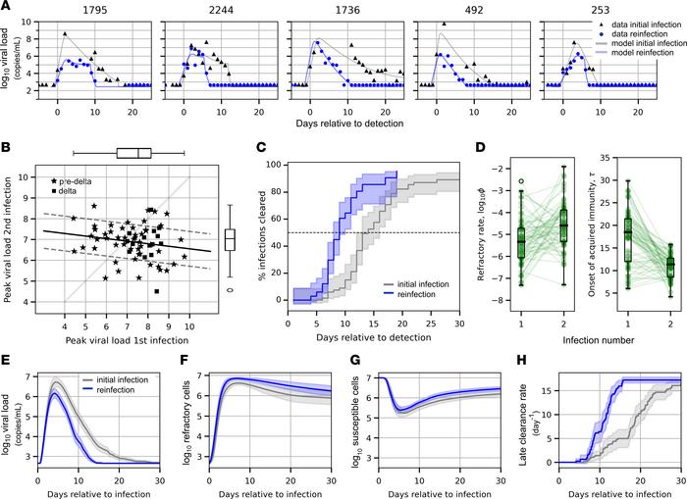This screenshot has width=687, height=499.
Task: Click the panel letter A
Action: click(7, 7)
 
